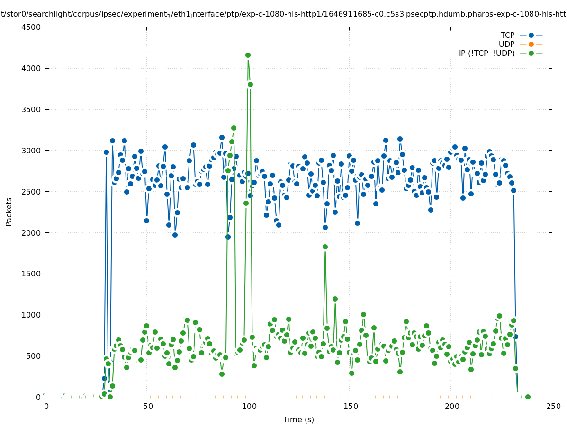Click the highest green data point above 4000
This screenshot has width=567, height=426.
(x=248, y=55)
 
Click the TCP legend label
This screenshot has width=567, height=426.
(x=507, y=35)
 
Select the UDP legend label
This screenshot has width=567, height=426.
(x=506, y=44)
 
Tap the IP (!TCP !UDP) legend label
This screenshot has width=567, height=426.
(x=486, y=53)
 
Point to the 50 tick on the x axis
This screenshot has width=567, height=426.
(x=147, y=407)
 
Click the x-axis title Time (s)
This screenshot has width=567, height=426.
(x=298, y=420)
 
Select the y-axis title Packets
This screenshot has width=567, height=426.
(x=9, y=212)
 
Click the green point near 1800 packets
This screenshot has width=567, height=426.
(x=325, y=247)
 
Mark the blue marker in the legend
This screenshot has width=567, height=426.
(x=531, y=35)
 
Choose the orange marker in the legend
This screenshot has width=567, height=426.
(x=531, y=44)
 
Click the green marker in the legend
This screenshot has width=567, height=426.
(x=531, y=53)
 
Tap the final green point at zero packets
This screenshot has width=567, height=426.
(x=528, y=397)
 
